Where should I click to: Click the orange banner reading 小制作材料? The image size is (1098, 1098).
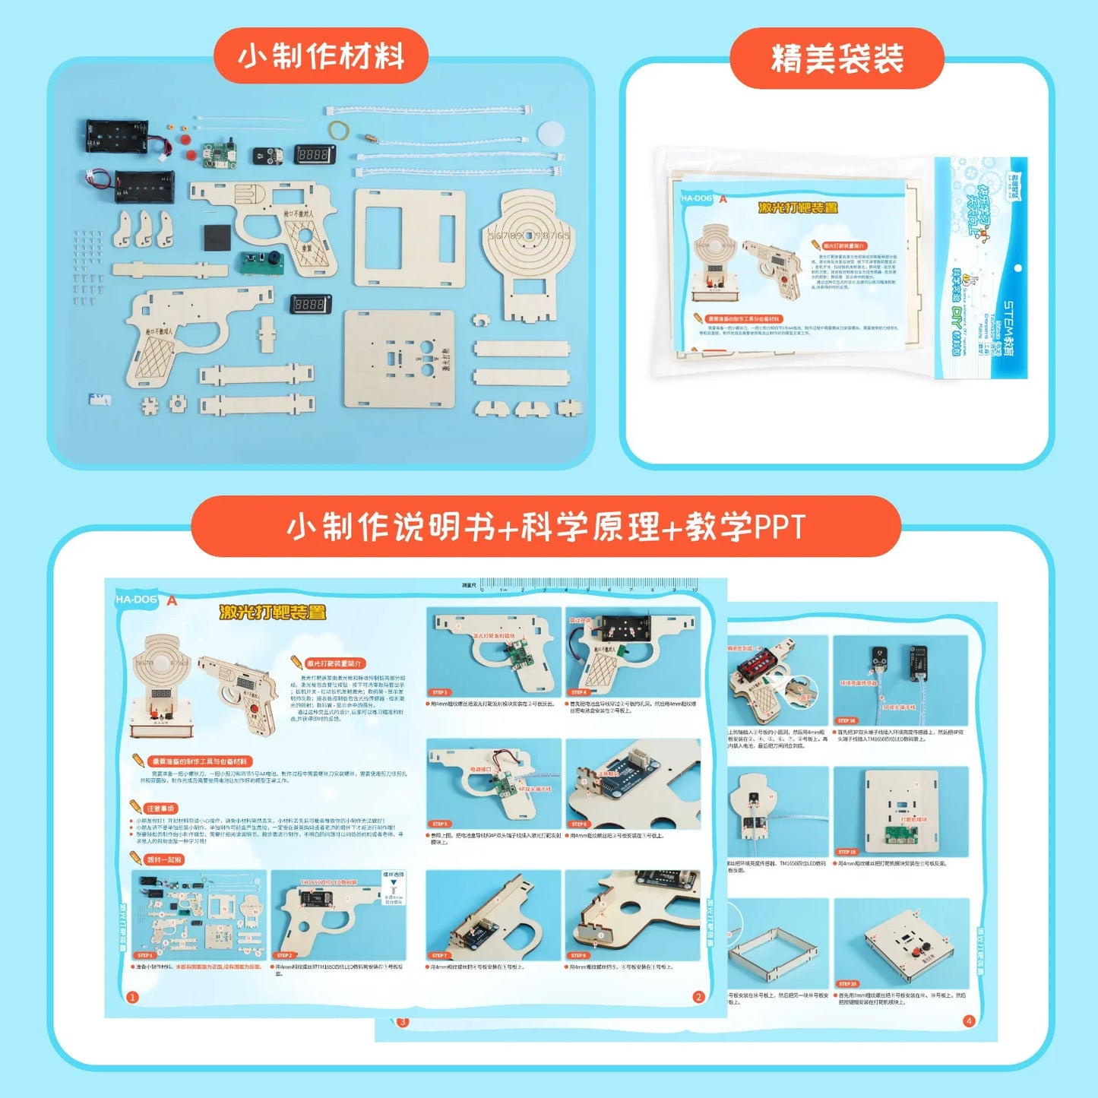click(x=321, y=57)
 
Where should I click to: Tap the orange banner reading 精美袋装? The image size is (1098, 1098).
click(x=837, y=59)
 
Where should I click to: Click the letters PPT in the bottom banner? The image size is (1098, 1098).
click(x=777, y=527)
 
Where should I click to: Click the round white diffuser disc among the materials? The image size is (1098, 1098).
click(x=550, y=133)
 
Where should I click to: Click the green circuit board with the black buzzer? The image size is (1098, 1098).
click(x=261, y=262)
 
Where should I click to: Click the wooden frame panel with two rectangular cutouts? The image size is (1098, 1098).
click(x=409, y=238)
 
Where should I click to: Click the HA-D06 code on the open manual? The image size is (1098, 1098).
click(x=137, y=600)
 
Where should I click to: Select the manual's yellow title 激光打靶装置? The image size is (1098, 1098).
click(x=272, y=612)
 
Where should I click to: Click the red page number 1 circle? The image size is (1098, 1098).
click(x=132, y=997)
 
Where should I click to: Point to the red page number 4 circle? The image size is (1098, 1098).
click(x=969, y=1020)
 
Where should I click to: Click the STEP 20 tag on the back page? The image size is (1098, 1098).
click(x=847, y=983)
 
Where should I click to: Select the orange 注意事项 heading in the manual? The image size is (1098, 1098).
click(x=160, y=808)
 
